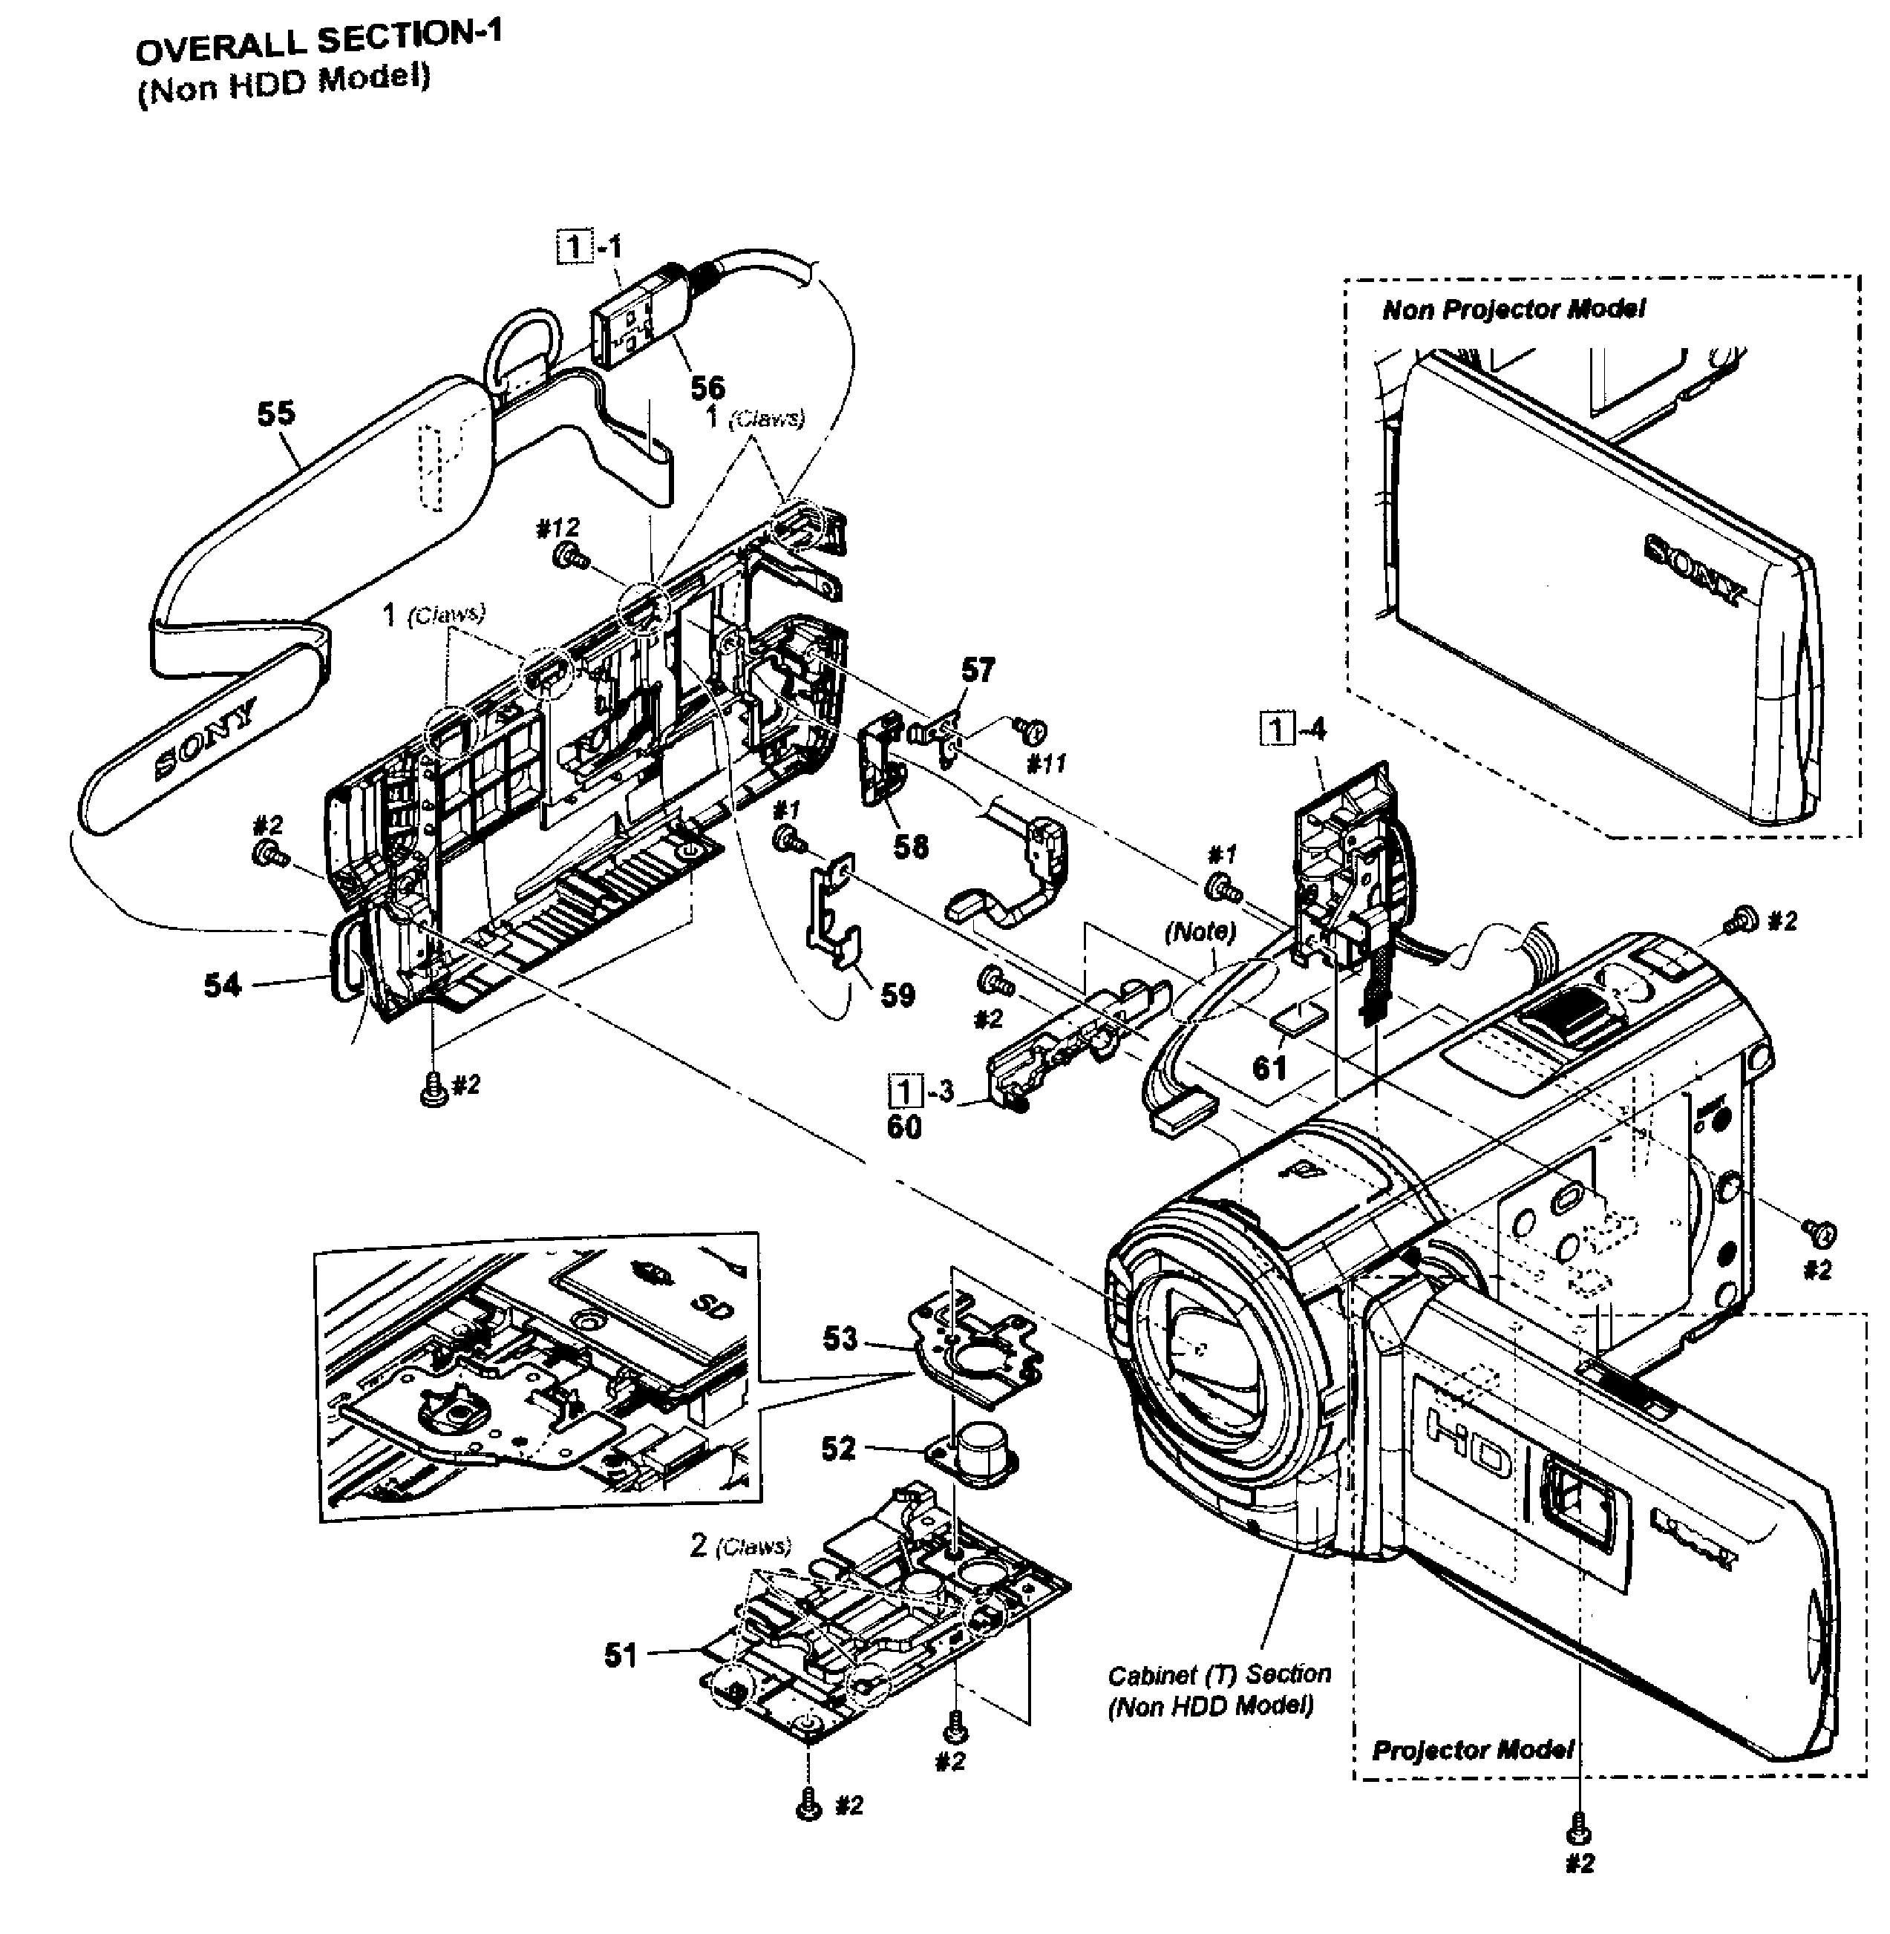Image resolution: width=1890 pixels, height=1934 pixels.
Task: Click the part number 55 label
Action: (276, 413)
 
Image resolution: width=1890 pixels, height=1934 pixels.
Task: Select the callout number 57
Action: (977, 670)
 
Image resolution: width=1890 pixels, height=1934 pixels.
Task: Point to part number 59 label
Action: (897, 995)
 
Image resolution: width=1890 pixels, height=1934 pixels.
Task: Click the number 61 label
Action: (1269, 1068)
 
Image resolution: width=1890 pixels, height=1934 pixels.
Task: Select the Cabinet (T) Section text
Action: (1219, 1675)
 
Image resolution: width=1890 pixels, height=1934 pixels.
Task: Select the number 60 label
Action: (903, 1127)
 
